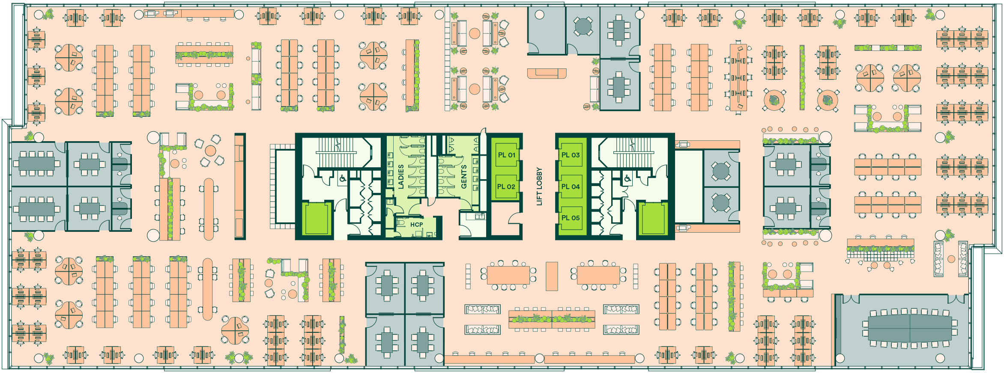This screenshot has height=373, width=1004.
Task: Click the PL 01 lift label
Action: (506, 155)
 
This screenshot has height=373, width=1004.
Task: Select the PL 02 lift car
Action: (506, 187)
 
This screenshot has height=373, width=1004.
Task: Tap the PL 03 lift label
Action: (571, 155)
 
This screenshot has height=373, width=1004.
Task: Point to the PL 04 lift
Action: (571, 187)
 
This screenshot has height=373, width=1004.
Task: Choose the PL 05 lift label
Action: (571, 218)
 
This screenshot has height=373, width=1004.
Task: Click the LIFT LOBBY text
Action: (539, 186)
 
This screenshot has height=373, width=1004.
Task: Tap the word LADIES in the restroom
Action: (401, 177)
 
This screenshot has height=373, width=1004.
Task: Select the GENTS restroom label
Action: (464, 177)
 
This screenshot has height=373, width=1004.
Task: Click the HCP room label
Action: (416, 225)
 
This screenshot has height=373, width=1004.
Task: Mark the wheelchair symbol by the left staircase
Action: (343, 179)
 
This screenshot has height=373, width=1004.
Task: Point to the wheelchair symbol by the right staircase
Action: (627, 179)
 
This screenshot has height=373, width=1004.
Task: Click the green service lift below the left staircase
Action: (317, 219)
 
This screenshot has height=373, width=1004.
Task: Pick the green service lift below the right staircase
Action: (653, 219)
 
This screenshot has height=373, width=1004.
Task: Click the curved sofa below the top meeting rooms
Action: (547, 74)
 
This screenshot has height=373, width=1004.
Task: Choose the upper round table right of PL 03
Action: (721, 171)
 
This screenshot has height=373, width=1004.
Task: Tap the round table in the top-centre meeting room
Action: (583, 26)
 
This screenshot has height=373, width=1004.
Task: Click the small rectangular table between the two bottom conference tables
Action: (552, 276)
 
